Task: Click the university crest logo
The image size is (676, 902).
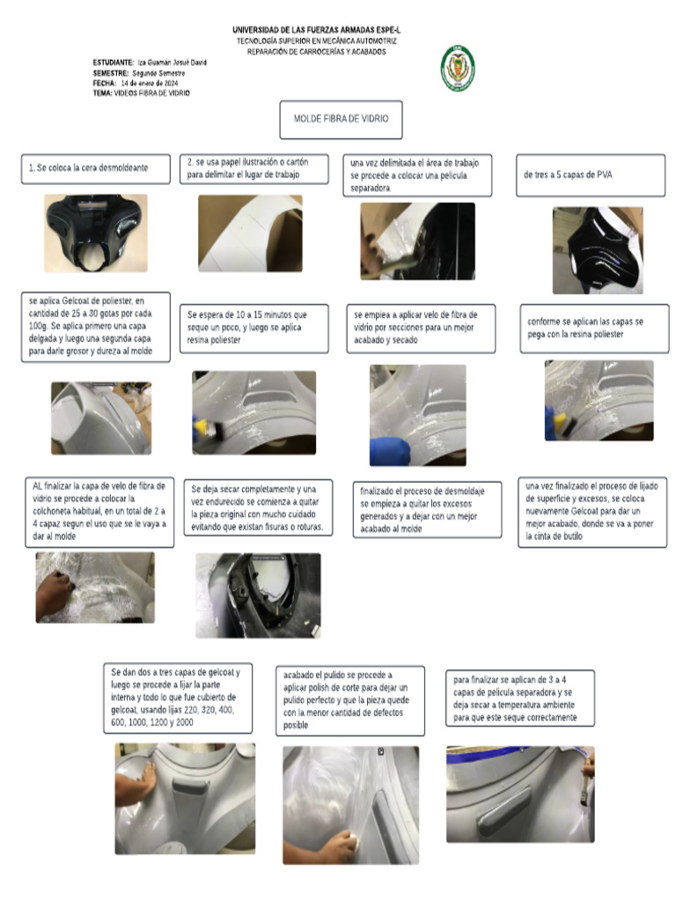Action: click(458, 68)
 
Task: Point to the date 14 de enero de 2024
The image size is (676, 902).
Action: click(155, 83)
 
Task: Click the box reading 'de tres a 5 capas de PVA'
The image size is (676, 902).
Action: click(590, 174)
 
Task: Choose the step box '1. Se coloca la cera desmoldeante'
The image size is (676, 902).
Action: click(95, 167)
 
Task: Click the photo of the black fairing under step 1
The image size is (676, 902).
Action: click(95, 233)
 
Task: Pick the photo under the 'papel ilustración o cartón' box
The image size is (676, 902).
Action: click(250, 233)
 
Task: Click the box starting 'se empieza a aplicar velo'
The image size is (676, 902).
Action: click(421, 328)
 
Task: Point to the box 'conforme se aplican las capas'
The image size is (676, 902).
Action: click(592, 328)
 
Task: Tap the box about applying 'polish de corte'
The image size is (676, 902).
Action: click(349, 699)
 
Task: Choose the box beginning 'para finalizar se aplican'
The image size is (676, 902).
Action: click(519, 698)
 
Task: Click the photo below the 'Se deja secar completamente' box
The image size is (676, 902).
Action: click(258, 595)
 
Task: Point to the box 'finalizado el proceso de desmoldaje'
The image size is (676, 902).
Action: click(427, 509)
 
